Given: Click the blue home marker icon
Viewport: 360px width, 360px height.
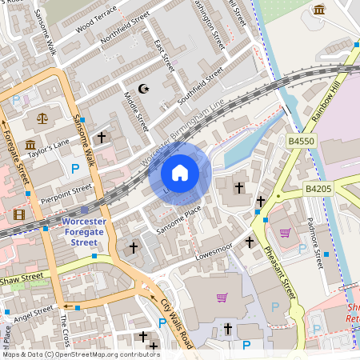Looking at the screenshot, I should point(180,173).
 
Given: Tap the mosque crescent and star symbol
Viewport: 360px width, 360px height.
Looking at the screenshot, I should point(144,88).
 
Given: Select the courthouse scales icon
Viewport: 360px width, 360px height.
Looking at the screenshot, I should point(41,117).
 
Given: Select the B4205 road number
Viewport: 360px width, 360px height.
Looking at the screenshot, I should point(320,189).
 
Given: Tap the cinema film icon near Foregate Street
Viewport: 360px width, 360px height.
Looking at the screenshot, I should point(18,214).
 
